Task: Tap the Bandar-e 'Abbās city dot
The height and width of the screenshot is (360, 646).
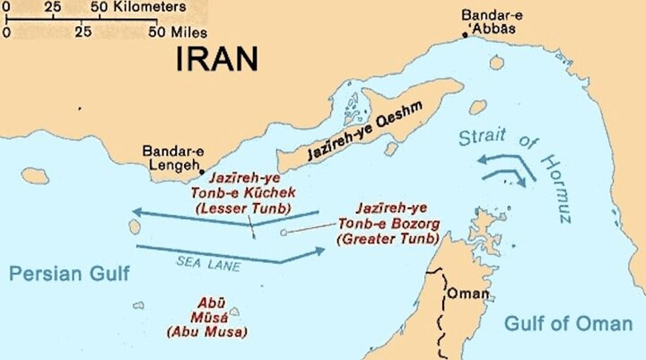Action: (465, 34)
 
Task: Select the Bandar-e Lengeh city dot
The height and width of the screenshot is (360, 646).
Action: (201, 171)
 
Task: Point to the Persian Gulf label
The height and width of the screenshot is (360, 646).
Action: (70, 274)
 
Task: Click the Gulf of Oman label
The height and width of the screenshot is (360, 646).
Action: (568, 323)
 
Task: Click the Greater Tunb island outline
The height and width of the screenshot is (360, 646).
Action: (284, 233)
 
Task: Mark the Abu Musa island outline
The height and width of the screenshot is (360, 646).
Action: (235, 311)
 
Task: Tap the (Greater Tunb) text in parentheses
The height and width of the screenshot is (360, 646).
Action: (388, 239)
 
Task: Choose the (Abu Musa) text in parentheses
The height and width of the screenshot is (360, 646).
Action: (207, 331)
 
